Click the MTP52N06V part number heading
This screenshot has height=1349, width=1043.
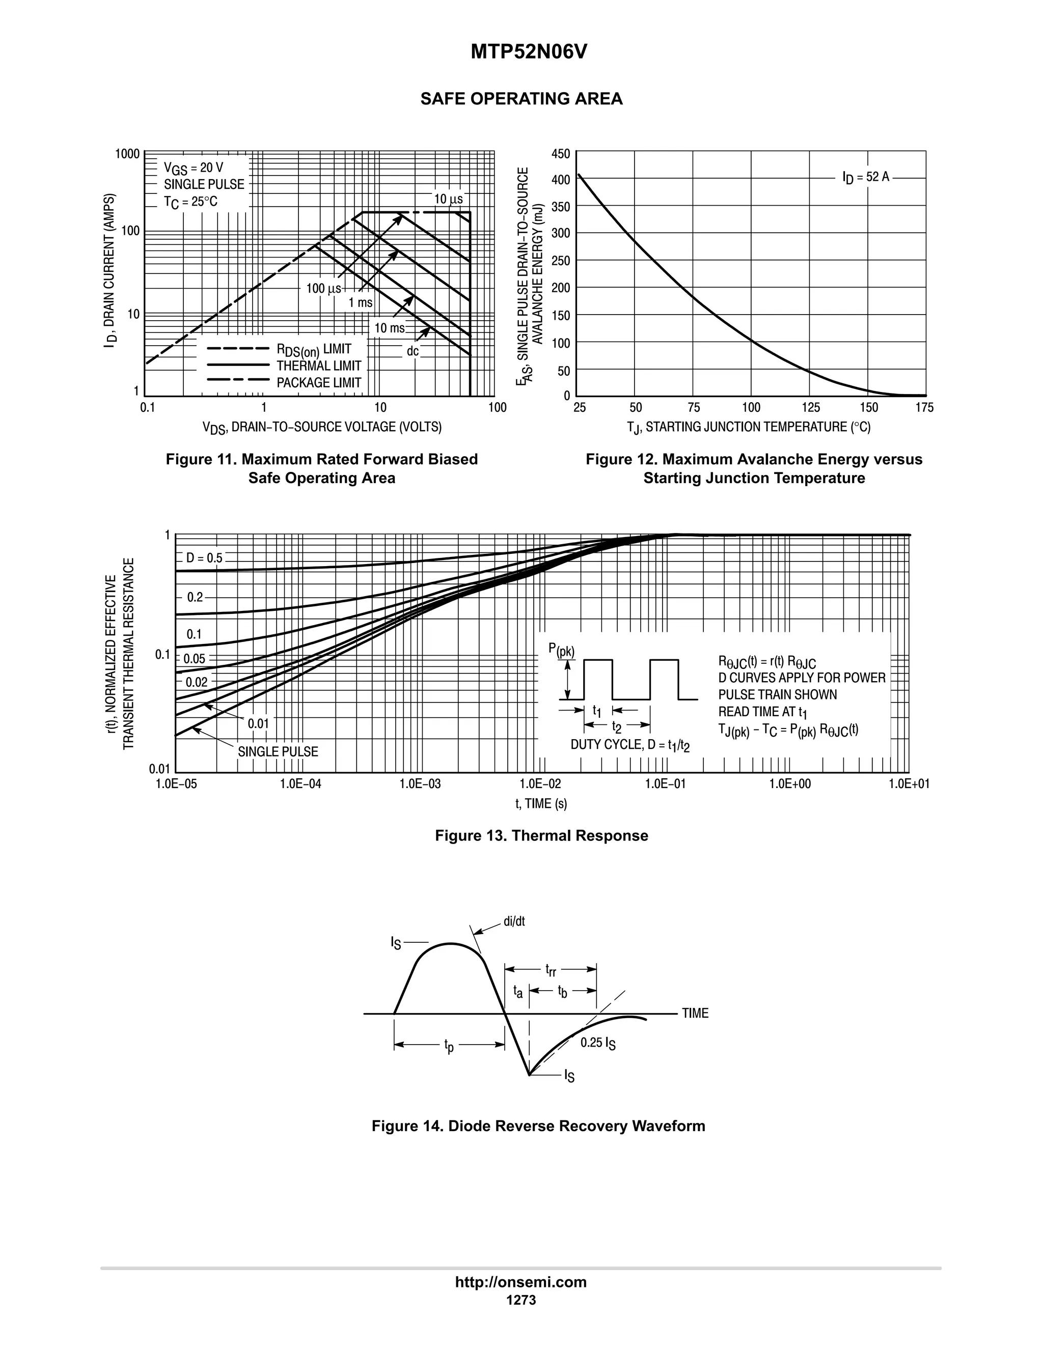pyautogui.click(x=528, y=52)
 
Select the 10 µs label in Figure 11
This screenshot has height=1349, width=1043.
pyautogui.click(x=448, y=199)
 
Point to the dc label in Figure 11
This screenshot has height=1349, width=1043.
pyautogui.click(x=412, y=351)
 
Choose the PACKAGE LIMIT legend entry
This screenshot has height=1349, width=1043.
pyautogui.click(x=318, y=382)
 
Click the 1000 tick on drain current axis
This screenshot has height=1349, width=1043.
pyautogui.click(x=127, y=153)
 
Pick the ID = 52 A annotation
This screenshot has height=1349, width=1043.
pyautogui.click(x=866, y=177)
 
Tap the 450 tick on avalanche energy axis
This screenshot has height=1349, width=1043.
pyautogui.click(x=561, y=153)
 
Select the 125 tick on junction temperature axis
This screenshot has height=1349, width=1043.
pyautogui.click(x=811, y=408)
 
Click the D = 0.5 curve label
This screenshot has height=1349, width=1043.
pyautogui.click(x=204, y=558)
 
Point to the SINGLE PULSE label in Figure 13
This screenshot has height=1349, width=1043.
pyautogui.click(x=278, y=752)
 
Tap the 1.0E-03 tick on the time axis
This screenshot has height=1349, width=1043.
pyautogui.click(x=420, y=784)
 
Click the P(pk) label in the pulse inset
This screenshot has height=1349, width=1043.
pyautogui.click(x=561, y=650)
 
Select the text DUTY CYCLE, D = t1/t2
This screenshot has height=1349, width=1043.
pyautogui.click(x=629, y=745)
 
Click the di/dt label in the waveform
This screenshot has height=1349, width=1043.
pyautogui.click(x=514, y=921)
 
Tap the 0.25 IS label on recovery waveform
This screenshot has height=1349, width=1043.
pyautogui.click(x=597, y=1043)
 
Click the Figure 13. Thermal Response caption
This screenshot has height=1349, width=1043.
pyautogui.click(x=541, y=836)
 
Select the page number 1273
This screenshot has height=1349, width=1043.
pyautogui.click(x=521, y=1300)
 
